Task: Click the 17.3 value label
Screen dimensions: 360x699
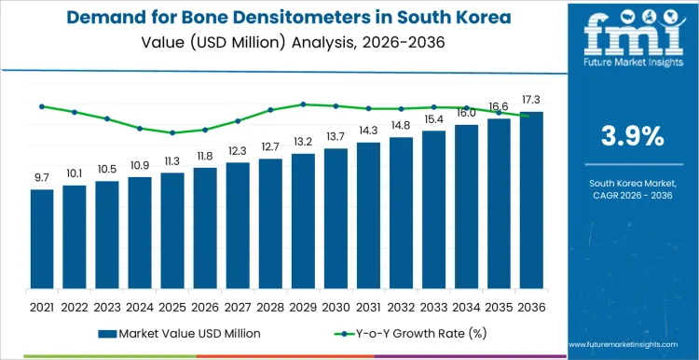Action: point(531,100)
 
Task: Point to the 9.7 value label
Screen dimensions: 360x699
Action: point(42,177)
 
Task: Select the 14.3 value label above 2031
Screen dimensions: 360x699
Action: point(368,131)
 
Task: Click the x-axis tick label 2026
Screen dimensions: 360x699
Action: point(205,306)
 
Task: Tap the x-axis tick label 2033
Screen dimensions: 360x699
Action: point(433,306)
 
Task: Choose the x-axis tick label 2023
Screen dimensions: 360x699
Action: point(107,306)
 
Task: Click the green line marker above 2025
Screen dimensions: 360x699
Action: point(172,132)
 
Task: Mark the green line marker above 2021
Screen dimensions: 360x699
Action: point(42,106)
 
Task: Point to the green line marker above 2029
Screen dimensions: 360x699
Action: point(303,104)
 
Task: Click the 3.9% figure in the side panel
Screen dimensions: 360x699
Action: point(626,136)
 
